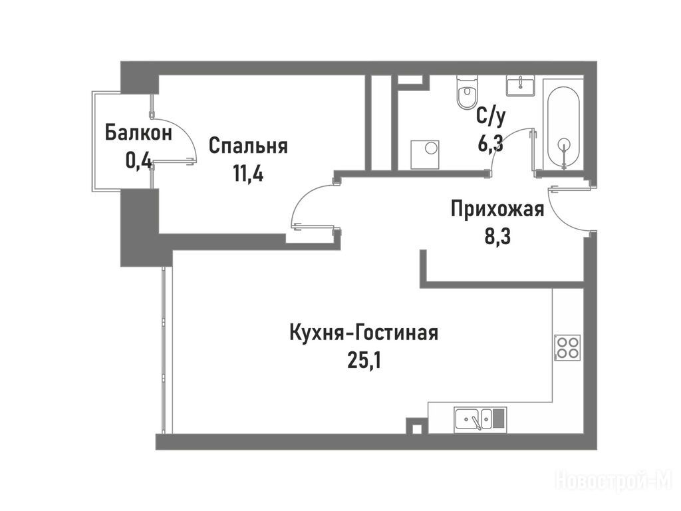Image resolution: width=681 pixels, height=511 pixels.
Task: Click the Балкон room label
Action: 138,133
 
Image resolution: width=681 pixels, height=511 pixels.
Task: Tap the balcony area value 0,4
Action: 138,161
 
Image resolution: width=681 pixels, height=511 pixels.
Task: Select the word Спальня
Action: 249,146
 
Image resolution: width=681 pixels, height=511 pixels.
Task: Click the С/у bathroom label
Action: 491,116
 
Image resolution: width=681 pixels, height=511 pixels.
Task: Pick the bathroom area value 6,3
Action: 491,144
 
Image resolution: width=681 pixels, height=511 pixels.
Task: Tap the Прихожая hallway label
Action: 497,209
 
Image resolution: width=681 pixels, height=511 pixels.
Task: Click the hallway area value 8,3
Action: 497,238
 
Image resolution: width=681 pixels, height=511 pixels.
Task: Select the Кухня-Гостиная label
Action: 364,333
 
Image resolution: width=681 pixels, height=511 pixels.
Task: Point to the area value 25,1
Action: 364,361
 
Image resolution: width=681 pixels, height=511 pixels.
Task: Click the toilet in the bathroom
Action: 468,92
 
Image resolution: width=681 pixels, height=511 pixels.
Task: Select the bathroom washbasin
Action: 520,85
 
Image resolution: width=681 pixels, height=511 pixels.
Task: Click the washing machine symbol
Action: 425,154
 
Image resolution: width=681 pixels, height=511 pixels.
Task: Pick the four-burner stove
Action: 567,347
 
